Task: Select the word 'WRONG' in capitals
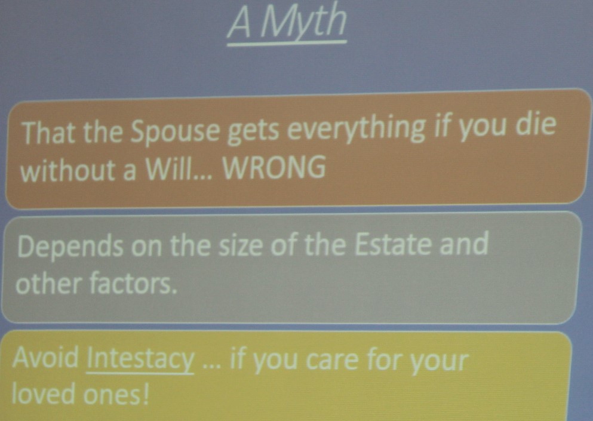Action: pos(274,168)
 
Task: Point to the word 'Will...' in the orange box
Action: pos(180,169)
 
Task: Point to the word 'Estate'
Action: pos(393,244)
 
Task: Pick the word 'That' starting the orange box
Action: pos(50,133)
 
